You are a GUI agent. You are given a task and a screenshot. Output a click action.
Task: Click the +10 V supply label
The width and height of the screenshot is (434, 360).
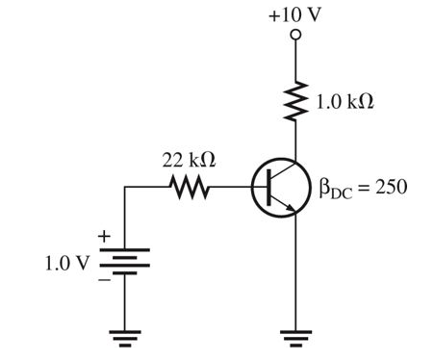296,16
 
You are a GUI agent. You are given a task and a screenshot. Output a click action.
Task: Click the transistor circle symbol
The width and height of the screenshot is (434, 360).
280,189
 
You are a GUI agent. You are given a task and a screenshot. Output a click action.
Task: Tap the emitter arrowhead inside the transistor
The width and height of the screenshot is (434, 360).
291,206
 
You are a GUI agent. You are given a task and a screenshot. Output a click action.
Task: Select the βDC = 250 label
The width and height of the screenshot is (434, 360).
363,187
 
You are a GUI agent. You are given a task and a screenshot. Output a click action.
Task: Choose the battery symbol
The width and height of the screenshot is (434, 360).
126,262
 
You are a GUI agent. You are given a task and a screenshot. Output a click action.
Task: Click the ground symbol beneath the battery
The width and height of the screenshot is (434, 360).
126,337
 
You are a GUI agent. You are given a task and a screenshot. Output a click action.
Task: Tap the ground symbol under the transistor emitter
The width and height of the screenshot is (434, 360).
296,337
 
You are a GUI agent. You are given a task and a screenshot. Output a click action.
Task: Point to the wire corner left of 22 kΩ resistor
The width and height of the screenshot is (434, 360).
126,188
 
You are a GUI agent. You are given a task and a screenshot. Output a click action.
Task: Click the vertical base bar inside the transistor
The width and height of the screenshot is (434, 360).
272,189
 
